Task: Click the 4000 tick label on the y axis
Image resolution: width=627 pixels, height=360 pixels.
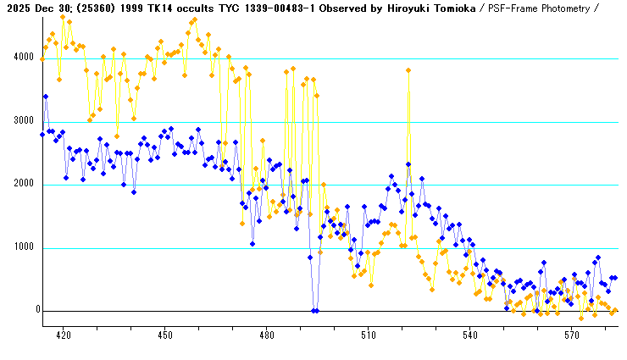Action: pos(19,58)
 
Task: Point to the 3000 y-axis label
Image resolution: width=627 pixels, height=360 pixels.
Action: pos(19,122)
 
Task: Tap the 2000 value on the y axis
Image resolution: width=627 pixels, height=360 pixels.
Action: pos(19,185)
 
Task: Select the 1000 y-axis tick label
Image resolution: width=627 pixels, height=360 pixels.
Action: pos(19,248)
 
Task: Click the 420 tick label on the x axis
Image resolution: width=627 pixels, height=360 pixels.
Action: pos(63,335)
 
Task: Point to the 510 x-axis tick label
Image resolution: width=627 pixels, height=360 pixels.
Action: pos(368,335)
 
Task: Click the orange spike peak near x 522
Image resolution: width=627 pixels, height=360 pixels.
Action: pos(408,70)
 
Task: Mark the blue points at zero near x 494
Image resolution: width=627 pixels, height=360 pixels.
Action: pos(314,311)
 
